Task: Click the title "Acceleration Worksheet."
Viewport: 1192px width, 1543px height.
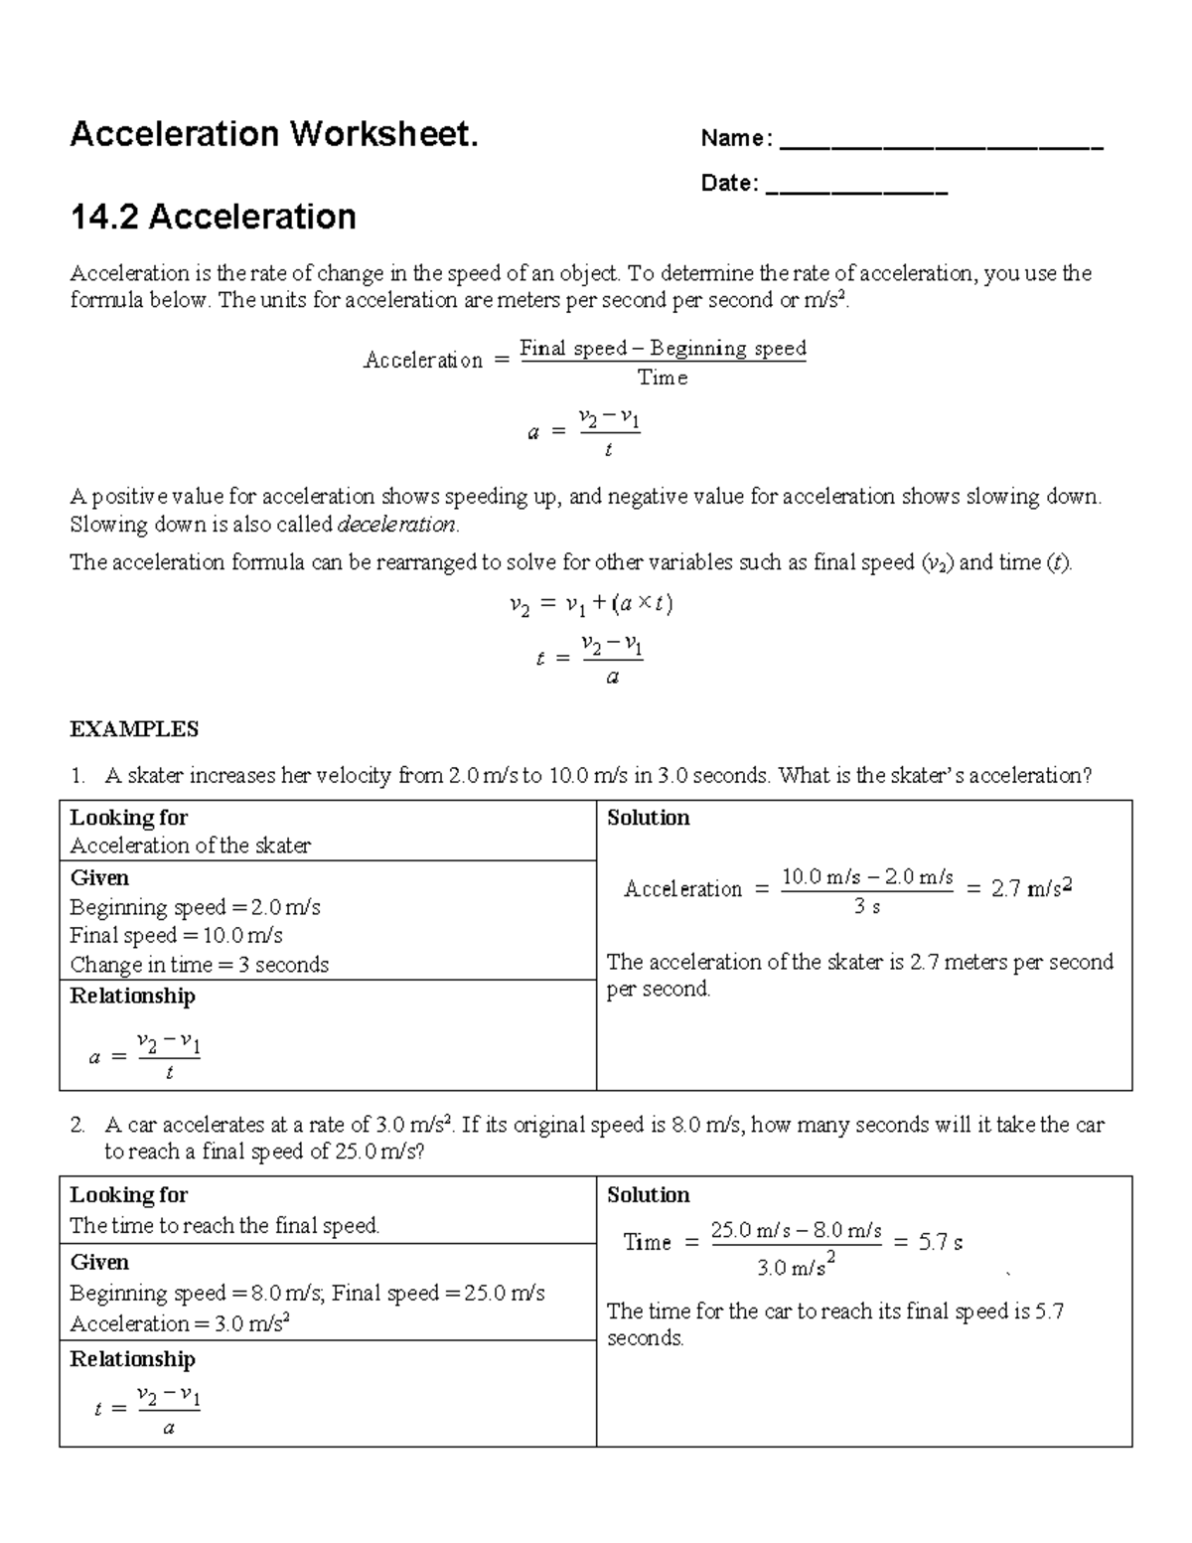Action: [x=274, y=133]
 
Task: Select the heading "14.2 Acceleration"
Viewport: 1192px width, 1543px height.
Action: [x=213, y=217]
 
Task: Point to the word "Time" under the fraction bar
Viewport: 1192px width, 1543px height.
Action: [x=663, y=379]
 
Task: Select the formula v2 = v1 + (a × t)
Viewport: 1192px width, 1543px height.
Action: [x=590, y=604]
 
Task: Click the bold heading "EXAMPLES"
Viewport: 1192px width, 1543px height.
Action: [x=134, y=729]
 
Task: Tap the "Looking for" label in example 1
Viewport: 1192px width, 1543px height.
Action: [x=128, y=818]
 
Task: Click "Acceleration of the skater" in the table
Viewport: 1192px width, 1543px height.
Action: [x=190, y=846]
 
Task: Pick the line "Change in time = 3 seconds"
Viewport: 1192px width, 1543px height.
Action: [x=199, y=965]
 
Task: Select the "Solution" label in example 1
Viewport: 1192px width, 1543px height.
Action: [x=648, y=818]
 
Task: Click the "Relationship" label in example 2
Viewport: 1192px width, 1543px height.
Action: [x=132, y=1359]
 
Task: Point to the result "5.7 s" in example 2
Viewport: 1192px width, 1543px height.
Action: [x=940, y=1242]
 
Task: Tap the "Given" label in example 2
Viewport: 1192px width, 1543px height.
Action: [x=99, y=1263]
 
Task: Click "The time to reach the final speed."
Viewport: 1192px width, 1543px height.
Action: [x=224, y=1226]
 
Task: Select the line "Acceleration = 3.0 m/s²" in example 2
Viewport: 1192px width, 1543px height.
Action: [x=180, y=1323]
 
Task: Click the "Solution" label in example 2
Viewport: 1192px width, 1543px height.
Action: [x=648, y=1195]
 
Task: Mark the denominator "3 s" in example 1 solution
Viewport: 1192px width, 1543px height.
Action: [x=867, y=906]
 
